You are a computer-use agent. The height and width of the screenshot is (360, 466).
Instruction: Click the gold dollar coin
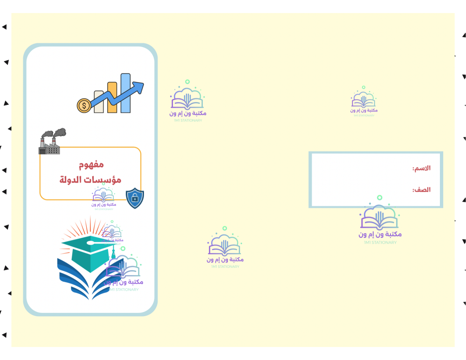coord(84,106)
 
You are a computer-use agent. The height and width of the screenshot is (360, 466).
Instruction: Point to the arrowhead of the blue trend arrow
coord(138,87)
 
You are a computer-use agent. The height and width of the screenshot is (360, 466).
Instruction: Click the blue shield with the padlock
coord(135,198)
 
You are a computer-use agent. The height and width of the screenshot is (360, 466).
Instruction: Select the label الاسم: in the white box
coord(421,168)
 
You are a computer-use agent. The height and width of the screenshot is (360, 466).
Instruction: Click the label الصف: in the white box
coord(421,190)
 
